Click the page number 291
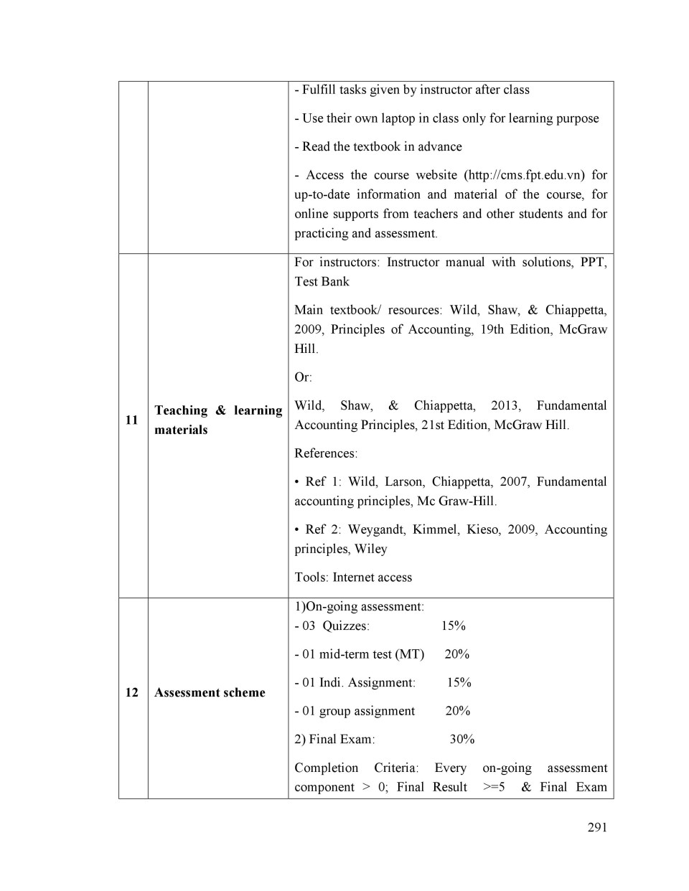(x=597, y=827)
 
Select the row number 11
(x=131, y=420)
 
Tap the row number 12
(x=131, y=692)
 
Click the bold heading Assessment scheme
(x=210, y=692)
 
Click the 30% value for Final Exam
(x=462, y=739)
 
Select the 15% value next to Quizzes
(x=454, y=626)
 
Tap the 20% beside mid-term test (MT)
(x=457, y=654)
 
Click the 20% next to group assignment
(x=458, y=711)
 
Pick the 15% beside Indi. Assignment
(x=459, y=682)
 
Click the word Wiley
(x=371, y=549)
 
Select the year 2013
(x=506, y=405)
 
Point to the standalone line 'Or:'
(x=303, y=377)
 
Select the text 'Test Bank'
(x=322, y=282)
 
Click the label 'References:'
(x=326, y=453)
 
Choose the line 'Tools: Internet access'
(x=353, y=577)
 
